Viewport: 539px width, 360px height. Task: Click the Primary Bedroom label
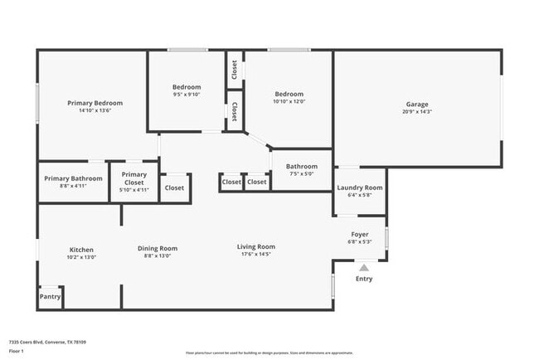(95, 103)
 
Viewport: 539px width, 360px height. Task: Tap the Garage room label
(417, 105)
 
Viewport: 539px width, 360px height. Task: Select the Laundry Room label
(360, 188)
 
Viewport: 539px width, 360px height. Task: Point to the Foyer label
(360, 235)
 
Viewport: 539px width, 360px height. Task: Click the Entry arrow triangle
(363, 267)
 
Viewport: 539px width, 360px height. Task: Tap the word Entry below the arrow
(364, 279)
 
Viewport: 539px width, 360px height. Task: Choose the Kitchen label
(81, 250)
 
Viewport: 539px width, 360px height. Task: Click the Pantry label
(51, 296)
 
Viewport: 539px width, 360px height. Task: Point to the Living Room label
(256, 246)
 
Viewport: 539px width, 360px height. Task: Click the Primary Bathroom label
(74, 178)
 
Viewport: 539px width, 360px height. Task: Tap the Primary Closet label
(134, 178)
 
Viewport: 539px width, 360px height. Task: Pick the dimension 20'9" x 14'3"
(417, 112)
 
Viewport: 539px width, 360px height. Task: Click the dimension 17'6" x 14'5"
(256, 254)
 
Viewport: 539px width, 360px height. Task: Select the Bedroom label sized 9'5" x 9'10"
(187, 87)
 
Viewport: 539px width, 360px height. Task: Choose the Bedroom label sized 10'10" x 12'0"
(289, 94)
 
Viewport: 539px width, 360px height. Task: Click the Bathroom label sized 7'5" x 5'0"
(302, 167)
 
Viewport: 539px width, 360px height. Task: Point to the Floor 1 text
(17, 351)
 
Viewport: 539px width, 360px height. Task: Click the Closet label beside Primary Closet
(174, 187)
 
